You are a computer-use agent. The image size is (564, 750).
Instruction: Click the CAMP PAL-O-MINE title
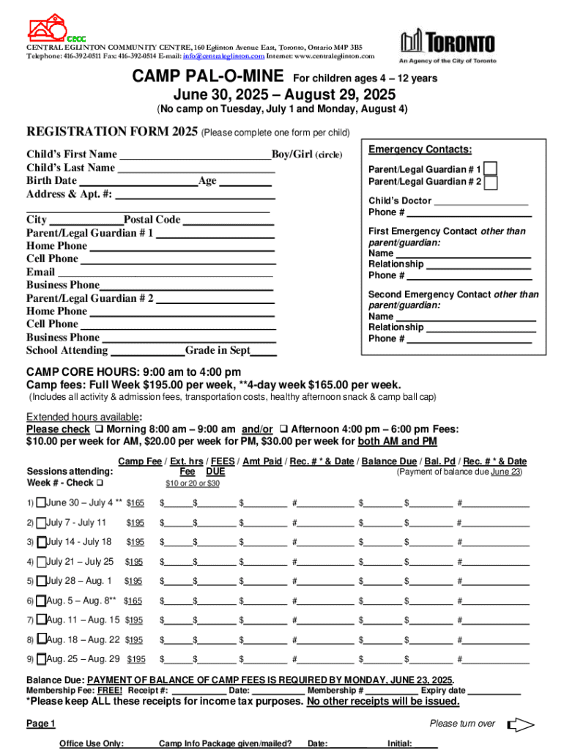pos(209,77)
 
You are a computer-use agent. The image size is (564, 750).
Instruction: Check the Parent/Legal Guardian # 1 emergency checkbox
pos(491,169)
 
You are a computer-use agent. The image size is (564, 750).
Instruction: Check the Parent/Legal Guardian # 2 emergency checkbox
pos(491,182)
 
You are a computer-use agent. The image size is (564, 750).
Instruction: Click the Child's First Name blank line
pos(195,155)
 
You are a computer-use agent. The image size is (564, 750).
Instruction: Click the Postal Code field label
pos(152,220)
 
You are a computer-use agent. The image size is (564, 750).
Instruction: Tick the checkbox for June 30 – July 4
pos(41,502)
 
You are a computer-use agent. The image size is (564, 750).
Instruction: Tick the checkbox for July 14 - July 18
pos(41,542)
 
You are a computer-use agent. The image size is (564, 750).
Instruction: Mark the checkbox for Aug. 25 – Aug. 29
pos(41,658)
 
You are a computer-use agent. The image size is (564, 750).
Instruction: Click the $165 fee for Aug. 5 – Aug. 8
pos(133,601)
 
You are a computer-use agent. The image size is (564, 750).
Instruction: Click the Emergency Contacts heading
pos(420,149)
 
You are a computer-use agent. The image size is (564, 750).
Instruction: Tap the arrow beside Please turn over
pos(521,725)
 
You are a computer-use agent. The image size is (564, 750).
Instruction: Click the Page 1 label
pos(41,724)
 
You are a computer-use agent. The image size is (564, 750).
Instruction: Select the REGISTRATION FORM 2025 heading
pos(112,132)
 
